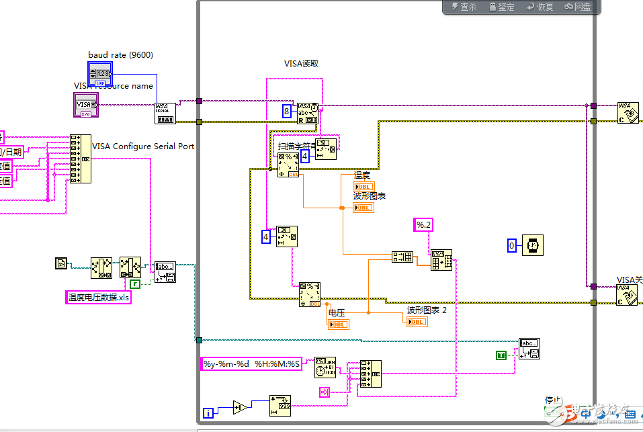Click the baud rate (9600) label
pos(120,54)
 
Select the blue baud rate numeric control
pos(99,73)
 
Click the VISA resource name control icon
pos(85,104)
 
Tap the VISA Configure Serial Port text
pos(142,146)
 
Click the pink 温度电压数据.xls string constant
pos(99,297)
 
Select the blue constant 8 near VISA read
pos(287,112)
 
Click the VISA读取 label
pos(301,64)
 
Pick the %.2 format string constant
pos(423,225)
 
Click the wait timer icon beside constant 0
pos(532,246)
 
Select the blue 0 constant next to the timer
pos(512,246)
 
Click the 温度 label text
pos(362,175)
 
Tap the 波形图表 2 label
pos(427,310)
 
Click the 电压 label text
pos(336,312)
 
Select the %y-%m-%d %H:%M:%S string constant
pos(252,364)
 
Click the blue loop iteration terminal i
pos(209,412)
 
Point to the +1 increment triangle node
pos(240,406)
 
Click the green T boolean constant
pos(501,355)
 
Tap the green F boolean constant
pos(135,284)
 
